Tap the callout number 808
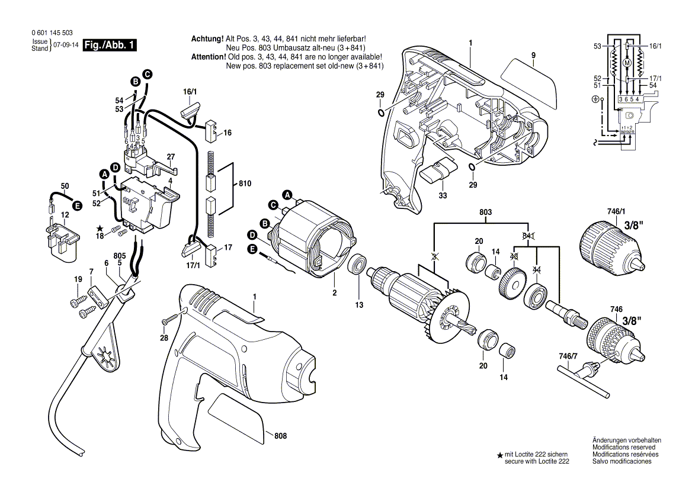click(280, 436)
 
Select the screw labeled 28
click(170, 319)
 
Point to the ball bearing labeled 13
click(358, 264)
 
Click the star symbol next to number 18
click(100, 228)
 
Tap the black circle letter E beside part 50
click(76, 205)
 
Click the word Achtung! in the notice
click(207, 38)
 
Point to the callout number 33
click(443, 195)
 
